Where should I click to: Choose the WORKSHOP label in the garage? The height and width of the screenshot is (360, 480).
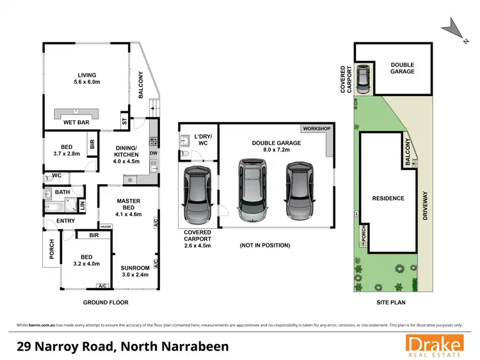point(317,129)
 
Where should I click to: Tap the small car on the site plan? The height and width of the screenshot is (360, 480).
point(364,79)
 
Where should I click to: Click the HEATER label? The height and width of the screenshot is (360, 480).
point(106,226)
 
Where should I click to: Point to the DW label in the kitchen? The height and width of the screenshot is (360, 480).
point(153,153)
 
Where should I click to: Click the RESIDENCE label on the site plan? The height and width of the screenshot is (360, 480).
point(388,198)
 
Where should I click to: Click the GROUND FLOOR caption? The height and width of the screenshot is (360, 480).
point(106,302)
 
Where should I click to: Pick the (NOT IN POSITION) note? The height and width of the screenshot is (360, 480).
point(265,246)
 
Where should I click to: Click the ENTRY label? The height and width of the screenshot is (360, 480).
point(65,221)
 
